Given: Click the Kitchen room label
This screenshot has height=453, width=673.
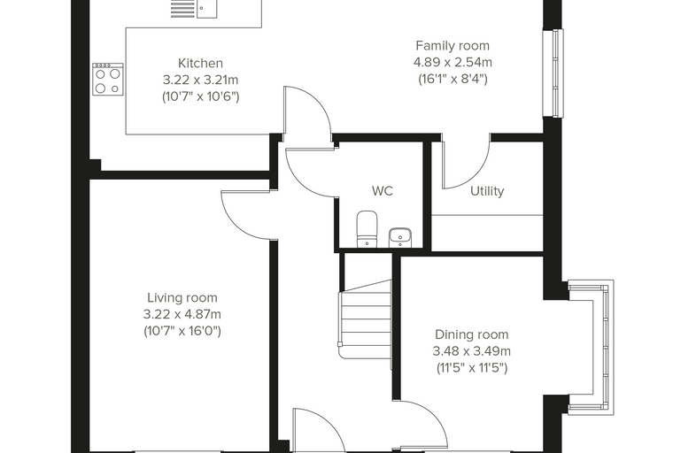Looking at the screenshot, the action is pyautogui.click(x=200, y=63).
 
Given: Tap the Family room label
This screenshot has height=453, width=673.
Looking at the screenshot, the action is pyautogui.click(x=453, y=45).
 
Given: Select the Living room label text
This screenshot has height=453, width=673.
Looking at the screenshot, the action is pyautogui.click(x=182, y=297).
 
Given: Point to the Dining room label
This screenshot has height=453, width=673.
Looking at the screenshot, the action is pyautogui.click(x=471, y=334).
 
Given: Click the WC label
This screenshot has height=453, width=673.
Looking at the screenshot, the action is pyautogui.click(x=383, y=191).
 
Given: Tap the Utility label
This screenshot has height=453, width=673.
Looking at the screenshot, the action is pyautogui.click(x=487, y=191).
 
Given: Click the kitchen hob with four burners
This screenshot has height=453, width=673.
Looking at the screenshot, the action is pyautogui.click(x=108, y=80).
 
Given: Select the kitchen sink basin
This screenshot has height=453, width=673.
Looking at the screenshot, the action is pyautogui.click(x=207, y=9).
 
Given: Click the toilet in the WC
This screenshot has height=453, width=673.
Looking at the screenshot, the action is pyautogui.click(x=367, y=229).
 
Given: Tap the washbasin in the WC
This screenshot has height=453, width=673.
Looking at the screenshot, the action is pyautogui.click(x=400, y=238).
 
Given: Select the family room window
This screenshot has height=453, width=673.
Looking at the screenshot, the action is pyautogui.click(x=553, y=73).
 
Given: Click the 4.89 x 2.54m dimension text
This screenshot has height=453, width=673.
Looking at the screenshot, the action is pyautogui.click(x=453, y=62).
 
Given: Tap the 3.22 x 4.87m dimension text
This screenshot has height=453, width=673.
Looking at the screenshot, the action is pyautogui.click(x=182, y=314).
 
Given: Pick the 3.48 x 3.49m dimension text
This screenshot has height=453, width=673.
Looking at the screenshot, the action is pyautogui.click(x=472, y=351).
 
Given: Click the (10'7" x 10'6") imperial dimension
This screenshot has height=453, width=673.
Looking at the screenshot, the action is pyautogui.click(x=200, y=96).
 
